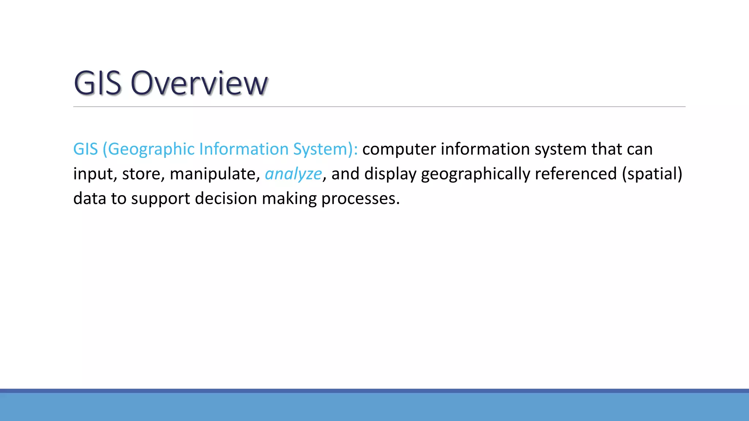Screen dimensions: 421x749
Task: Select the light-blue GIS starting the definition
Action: pos(86,149)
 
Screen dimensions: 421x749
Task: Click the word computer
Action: pos(399,149)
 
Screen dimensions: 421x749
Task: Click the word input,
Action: pos(95,174)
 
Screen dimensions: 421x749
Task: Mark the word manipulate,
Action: pos(215,174)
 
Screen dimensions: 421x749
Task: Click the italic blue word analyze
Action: pos(293,174)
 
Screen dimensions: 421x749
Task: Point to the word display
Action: pos(390,174)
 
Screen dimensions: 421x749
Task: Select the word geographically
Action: pos(475,174)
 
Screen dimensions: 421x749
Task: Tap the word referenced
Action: pos(576,174)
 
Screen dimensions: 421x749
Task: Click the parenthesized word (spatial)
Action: pos(652,174)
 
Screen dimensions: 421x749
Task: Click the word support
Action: pos(161,198)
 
